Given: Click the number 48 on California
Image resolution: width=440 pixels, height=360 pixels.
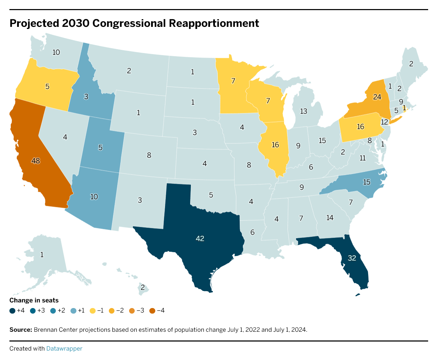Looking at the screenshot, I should (x=36, y=161).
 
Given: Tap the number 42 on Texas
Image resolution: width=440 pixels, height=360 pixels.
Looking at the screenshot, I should (x=200, y=239).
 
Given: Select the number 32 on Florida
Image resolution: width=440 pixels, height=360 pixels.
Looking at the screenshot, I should (x=352, y=258).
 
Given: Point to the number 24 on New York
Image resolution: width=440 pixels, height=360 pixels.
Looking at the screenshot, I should (x=377, y=97).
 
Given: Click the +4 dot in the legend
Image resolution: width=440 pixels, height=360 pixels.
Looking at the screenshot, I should (x=13, y=310).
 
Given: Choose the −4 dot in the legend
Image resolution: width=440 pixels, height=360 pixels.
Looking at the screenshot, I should (x=152, y=310).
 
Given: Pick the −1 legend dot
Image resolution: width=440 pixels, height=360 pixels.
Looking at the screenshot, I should (x=93, y=310).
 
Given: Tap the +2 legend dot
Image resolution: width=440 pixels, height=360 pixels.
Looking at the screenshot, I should (x=53, y=310).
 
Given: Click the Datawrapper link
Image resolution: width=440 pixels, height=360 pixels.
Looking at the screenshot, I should (x=64, y=348).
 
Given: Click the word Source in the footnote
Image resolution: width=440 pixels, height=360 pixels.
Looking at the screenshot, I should (x=21, y=330).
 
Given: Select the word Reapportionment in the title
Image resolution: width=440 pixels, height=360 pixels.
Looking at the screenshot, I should (x=214, y=23).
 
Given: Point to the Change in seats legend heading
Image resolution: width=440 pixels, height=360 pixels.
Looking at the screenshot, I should (x=34, y=300).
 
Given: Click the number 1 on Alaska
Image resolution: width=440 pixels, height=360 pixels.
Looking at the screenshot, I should (x=42, y=255).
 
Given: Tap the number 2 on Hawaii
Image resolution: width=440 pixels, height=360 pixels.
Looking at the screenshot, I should (x=143, y=287).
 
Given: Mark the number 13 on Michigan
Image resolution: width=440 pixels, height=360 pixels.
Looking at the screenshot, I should (x=304, y=111).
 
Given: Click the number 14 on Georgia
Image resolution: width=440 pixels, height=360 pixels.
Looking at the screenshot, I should (x=330, y=218).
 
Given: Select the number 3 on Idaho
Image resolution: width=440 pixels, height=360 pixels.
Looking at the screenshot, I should (x=86, y=97).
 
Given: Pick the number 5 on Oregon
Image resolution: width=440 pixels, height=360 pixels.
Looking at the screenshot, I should (x=47, y=86).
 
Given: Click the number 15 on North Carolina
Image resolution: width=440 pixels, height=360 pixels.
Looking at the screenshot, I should (x=366, y=182).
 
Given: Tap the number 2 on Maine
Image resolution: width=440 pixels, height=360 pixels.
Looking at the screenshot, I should (x=411, y=64).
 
